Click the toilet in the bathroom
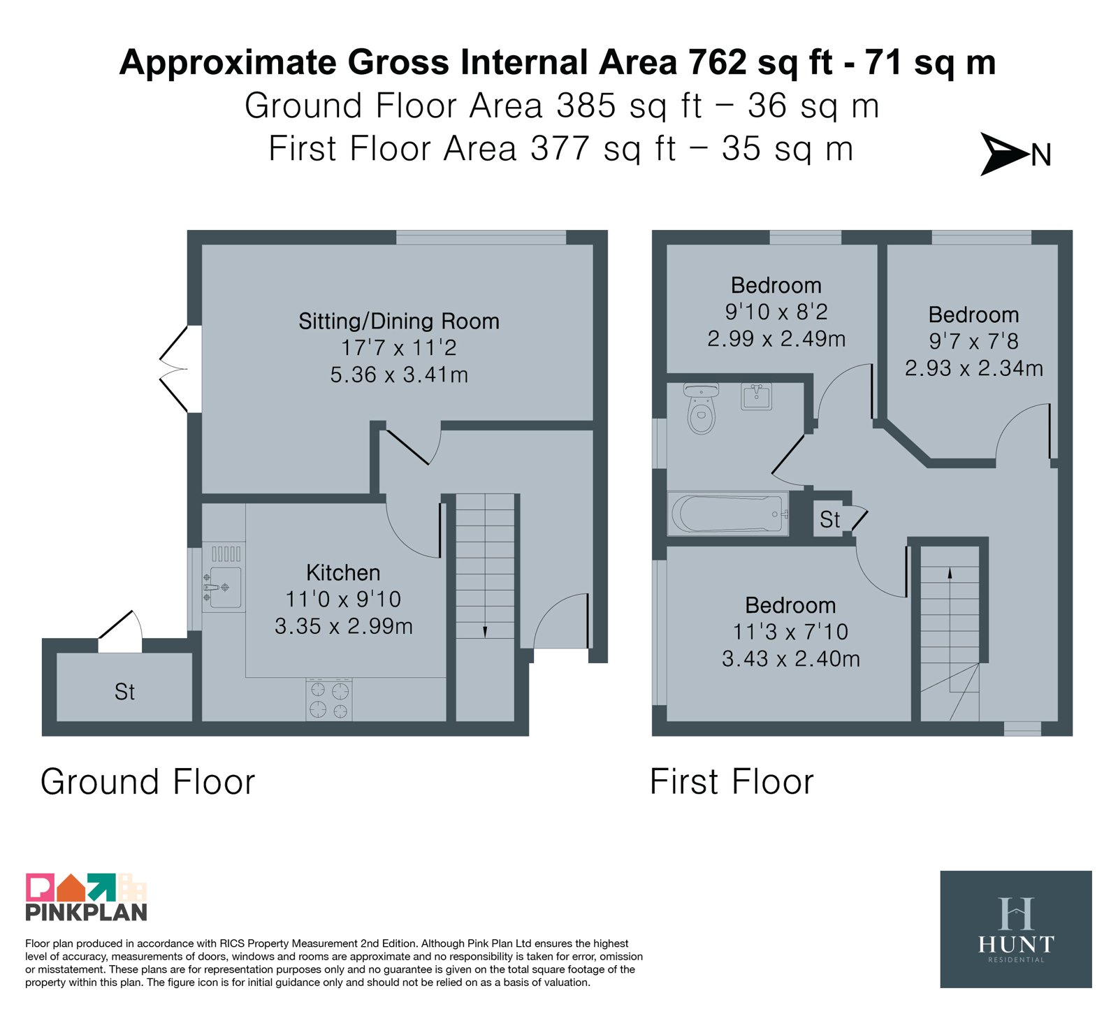tap(701, 408)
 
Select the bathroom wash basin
tap(756, 396)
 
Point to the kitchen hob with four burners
tap(329, 700)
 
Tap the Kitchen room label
tap(343, 573)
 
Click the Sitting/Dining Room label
tap(399, 321)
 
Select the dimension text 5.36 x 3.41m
tap(399, 375)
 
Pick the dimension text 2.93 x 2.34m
tap(974, 368)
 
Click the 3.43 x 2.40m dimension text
tap(791, 659)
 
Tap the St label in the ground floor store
tap(124, 692)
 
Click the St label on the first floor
tap(829, 519)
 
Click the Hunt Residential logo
tap(1016, 929)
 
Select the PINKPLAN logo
tap(86, 897)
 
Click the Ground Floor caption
tap(148, 781)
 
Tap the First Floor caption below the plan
tap(732, 781)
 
